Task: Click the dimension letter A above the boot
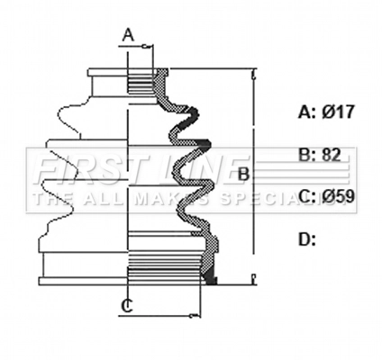click(128, 36)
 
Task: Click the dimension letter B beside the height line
click(242, 172)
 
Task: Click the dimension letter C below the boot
click(128, 306)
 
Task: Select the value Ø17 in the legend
click(338, 112)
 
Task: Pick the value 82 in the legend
click(332, 154)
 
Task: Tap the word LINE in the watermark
click(194, 168)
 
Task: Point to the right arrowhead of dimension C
click(196, 316)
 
